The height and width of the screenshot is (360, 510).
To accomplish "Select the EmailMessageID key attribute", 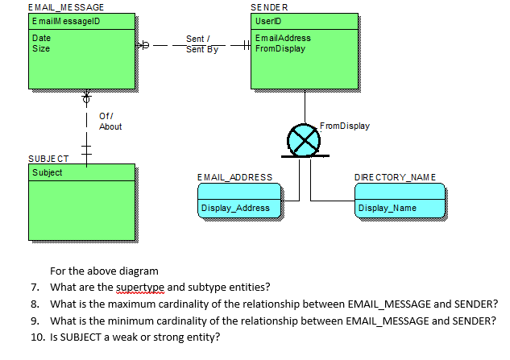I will (64, 20).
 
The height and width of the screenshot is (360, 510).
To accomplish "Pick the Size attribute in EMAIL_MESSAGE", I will (40, 48).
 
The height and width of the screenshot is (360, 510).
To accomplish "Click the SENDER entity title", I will (268, 7).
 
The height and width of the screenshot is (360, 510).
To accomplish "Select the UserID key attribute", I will (267, 20).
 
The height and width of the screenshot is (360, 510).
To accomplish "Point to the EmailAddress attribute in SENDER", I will (282, 38).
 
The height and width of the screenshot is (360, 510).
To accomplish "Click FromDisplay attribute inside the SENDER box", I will (280, 48).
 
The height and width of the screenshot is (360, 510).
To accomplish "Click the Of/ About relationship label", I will (110, 122).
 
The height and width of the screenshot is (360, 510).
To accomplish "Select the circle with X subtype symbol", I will (305, 140).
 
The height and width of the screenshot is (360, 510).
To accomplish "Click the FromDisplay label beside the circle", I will (344, 126).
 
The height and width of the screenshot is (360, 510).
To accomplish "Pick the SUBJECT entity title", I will (48, 158).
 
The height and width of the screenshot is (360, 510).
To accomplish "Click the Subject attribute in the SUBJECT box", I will (47, 172).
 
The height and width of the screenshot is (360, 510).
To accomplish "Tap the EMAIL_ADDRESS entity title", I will (234, 177).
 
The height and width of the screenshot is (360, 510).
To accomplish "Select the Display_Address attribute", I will (235, 209).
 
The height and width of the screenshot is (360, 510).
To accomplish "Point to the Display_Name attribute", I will (388, 209).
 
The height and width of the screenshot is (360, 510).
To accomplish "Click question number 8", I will (35, 304).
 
